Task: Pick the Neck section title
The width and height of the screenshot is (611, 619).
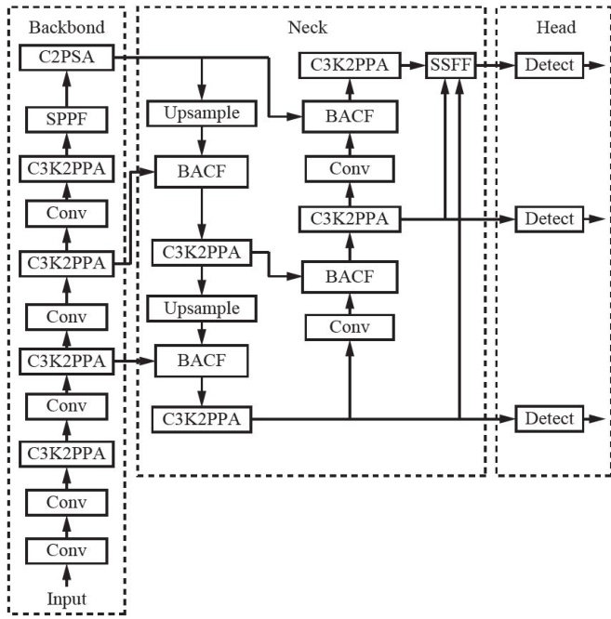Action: (x=307, y=27)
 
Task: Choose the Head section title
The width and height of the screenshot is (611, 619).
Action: (x=555, y=27)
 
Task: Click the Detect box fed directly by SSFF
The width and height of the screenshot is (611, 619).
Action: (x=550, y=65)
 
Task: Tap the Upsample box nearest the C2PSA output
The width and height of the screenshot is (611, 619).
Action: (x=201, y=114)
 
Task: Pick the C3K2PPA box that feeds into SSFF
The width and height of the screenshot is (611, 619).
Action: (x=350, y=65)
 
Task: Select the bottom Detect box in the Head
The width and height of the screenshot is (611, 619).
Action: (x=550, y=418)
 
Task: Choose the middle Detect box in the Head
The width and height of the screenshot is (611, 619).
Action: (x=550, y=218)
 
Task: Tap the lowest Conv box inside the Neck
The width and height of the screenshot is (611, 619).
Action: (x=350, y=326)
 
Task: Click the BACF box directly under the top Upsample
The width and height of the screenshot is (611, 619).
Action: (x=201, y=172)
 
